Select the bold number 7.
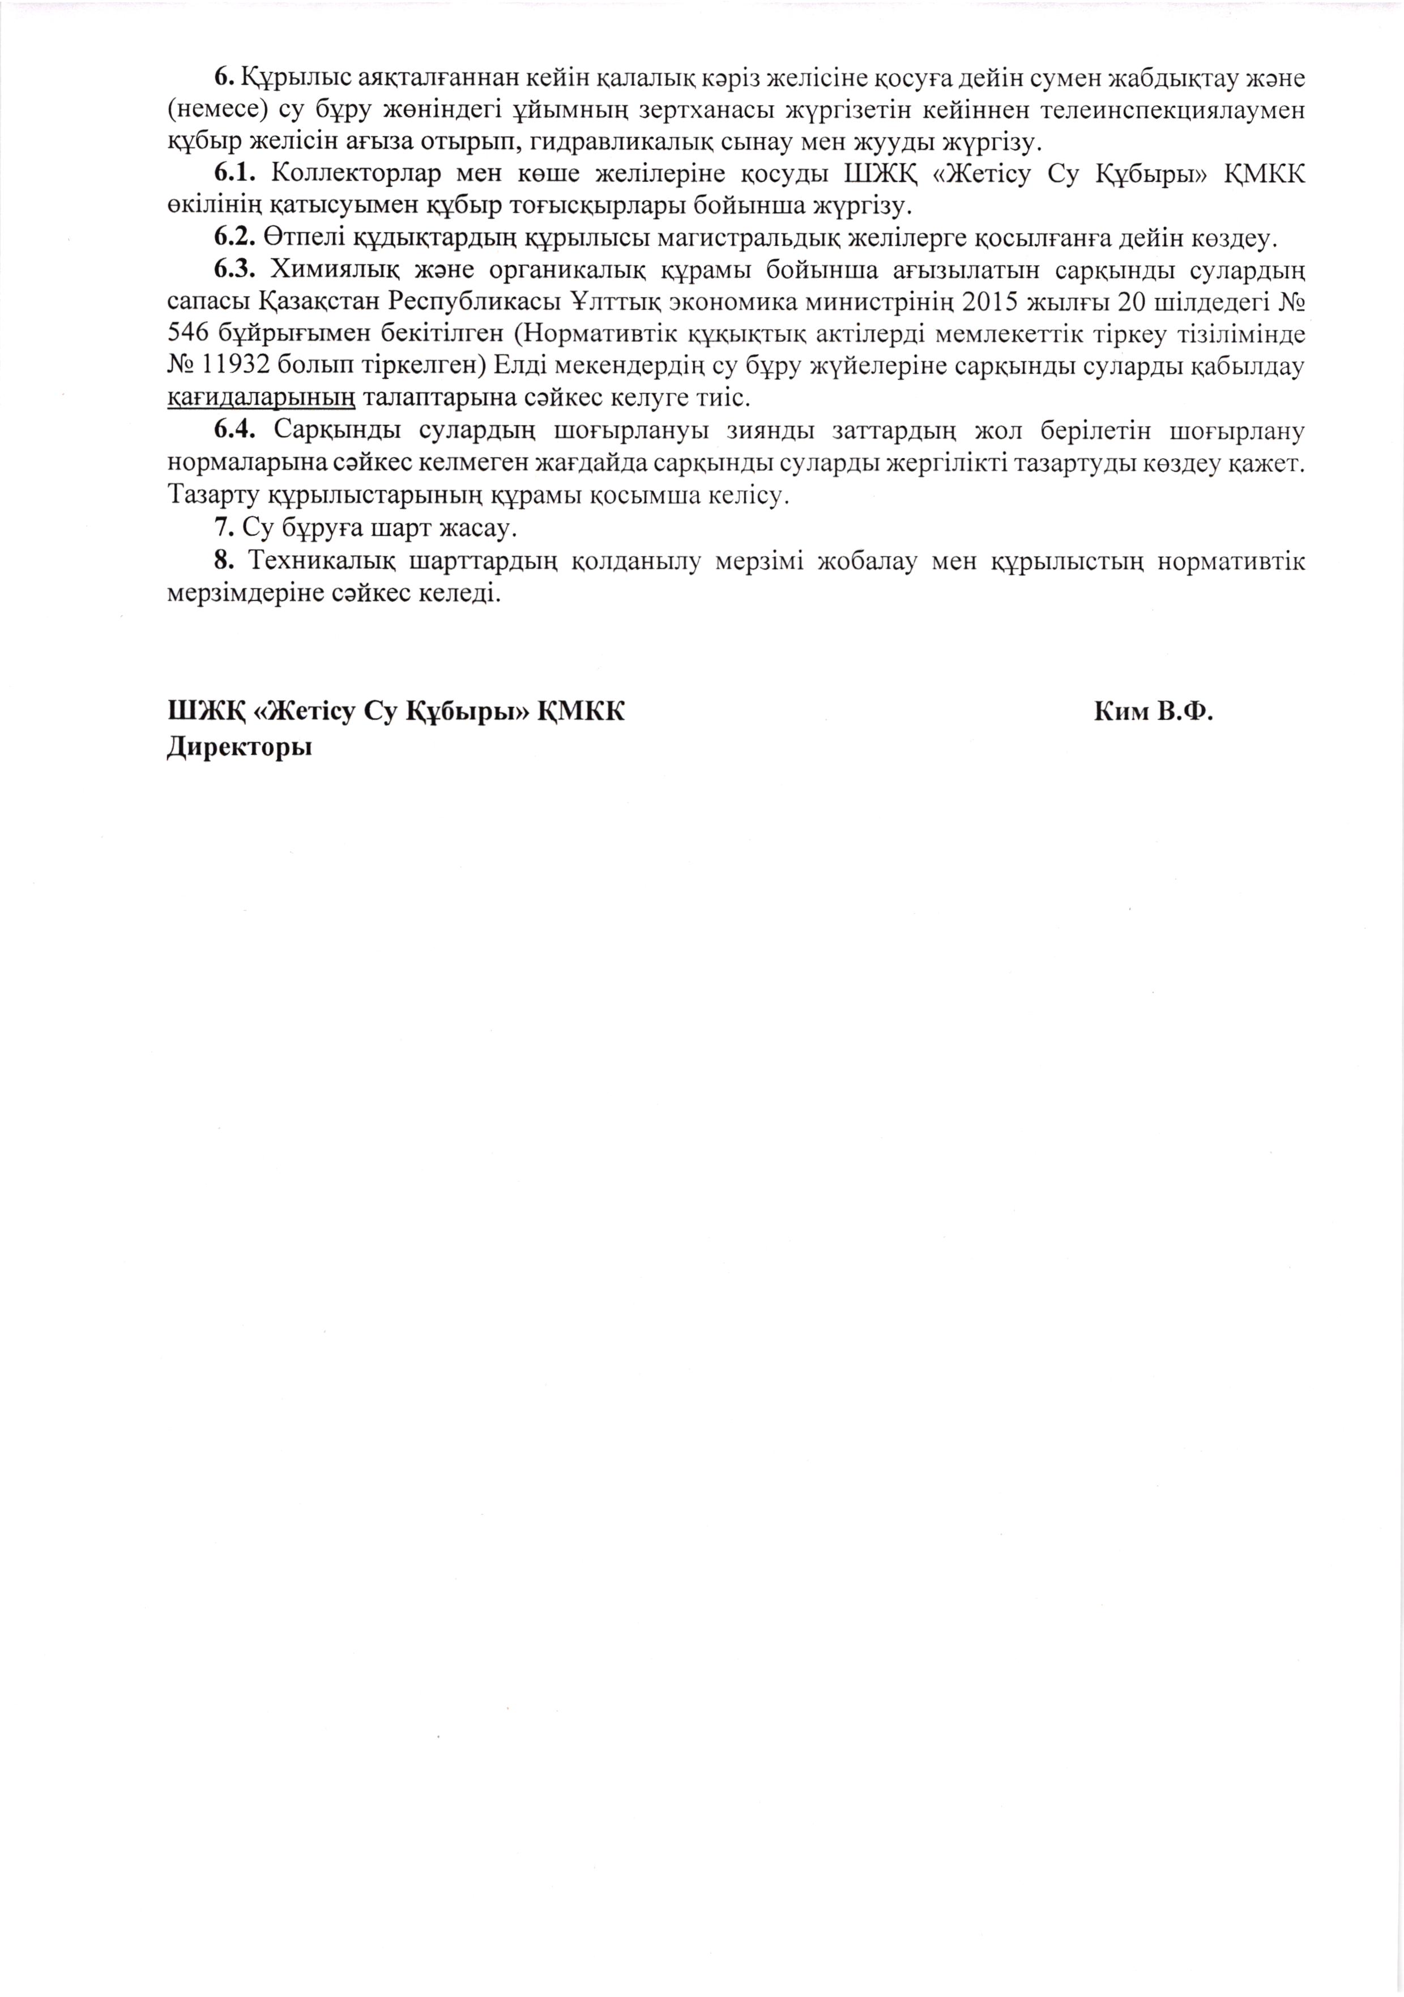pyautogui.click(x=223, y=528)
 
